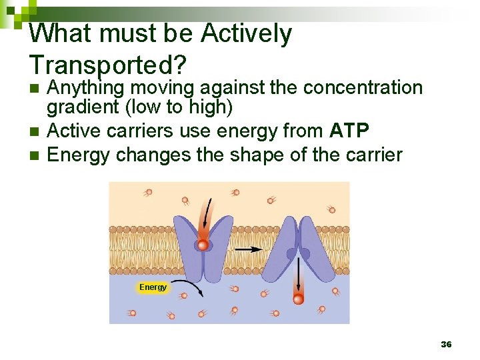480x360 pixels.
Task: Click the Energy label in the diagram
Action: point(153,287)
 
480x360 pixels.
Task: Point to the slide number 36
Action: point(446,344)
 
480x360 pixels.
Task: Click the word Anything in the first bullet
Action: point(87,88)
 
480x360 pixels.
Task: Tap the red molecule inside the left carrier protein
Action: point(203,245)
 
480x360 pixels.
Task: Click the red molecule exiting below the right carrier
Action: point(298,299)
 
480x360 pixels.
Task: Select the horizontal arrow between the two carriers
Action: point(249,249)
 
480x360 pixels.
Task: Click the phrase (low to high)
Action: point(178,107)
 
